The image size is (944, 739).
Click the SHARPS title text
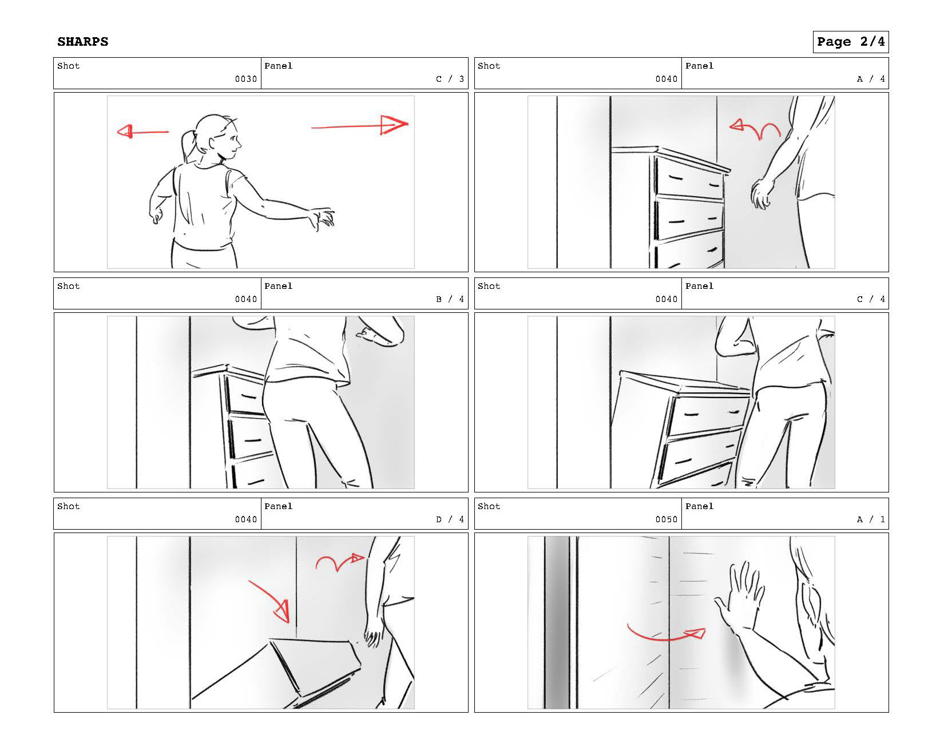(x=82, y=42)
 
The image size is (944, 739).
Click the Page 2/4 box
(x=850, y=42)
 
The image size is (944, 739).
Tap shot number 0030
(x=246, y=79)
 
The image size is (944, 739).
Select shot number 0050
(x=667, y=519)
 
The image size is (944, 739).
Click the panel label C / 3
(x=450, y=79)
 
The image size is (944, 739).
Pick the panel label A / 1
(x=871, y=519)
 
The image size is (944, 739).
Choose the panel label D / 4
(x=450, y=519)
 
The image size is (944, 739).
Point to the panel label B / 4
(x=450, y=299)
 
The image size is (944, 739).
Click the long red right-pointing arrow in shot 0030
(x=360, y=125)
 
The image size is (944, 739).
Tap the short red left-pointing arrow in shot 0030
(x=142, y=132)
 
